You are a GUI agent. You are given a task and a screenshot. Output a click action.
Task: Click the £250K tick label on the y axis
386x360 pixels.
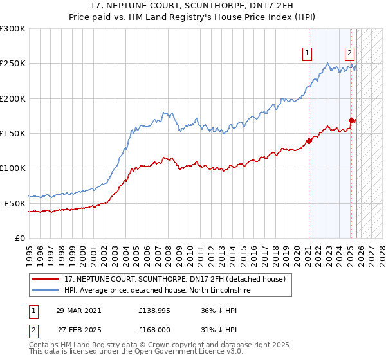pos(12,64)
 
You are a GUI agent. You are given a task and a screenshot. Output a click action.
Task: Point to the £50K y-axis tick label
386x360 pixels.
pos(15,203)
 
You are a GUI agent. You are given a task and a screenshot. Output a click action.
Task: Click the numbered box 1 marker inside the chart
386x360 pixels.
pos(308,53)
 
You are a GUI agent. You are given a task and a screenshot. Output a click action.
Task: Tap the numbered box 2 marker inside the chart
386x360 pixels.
pos(349,53)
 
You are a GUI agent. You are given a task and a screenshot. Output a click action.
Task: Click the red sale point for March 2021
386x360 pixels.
pos(309,141)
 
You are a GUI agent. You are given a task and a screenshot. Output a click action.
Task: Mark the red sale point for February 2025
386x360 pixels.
pos(351,120)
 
